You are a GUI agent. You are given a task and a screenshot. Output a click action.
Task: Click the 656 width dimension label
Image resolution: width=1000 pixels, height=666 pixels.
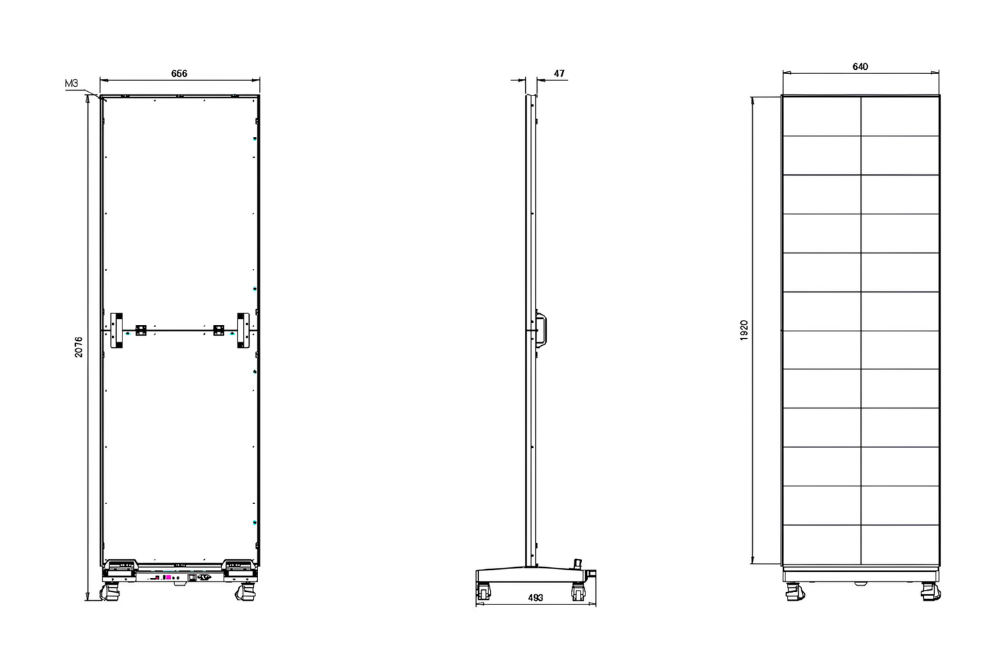[x=179, y=73]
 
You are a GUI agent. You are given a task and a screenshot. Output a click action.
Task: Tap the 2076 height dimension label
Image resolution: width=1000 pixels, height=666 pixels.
[x=79, y=346]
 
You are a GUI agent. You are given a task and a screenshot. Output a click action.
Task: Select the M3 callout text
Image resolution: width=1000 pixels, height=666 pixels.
[x=71, y=84]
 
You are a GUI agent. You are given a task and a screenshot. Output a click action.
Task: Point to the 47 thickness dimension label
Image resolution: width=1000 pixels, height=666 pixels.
[x=559, y=73]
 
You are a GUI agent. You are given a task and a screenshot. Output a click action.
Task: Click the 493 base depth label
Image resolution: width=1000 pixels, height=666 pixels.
[x=535, y=598]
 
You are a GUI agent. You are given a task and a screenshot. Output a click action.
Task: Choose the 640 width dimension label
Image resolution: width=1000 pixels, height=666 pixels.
[x=860, y=67]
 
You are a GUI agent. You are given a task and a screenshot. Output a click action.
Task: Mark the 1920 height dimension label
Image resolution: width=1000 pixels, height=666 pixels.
[x=744, y=330]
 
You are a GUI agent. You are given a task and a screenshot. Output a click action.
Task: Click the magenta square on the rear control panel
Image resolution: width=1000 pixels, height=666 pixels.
[x=168, y=577]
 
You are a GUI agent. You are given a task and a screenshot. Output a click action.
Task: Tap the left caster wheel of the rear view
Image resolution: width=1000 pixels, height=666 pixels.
[x=110, y=593]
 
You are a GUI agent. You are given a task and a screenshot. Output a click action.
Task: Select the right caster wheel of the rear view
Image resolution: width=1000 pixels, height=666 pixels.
[x=246, y=593]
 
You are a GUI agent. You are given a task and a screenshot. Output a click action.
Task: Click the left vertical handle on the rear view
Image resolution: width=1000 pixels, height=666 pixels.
[x=116, y=330]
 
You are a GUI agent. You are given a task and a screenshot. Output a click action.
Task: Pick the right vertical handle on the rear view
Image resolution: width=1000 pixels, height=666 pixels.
[x=244, y=330]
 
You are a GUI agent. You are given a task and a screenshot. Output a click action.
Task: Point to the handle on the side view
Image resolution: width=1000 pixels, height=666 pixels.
[x=541, y=329]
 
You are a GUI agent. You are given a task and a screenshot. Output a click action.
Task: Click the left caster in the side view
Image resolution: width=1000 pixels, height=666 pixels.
[x=484, y=591]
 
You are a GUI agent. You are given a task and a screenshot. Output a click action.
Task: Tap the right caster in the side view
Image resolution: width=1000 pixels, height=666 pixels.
[x=578, y=592]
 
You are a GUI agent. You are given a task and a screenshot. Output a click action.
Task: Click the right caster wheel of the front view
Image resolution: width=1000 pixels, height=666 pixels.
[x=931, y=591]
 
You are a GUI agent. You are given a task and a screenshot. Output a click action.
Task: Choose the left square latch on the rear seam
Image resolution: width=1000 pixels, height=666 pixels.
[x=141, y=330]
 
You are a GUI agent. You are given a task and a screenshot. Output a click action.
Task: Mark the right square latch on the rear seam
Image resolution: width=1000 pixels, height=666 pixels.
[x=219, y=330]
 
